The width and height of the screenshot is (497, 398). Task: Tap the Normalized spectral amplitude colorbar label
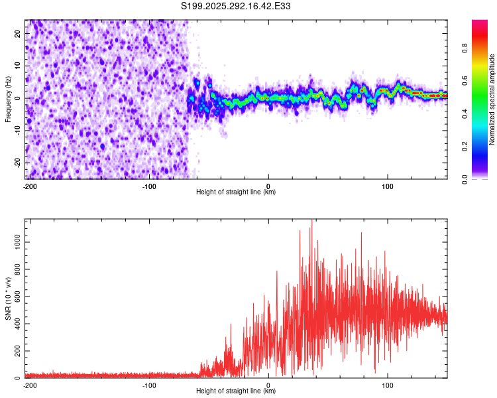pos(492,99)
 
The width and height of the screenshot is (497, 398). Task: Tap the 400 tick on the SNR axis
pos(17,324)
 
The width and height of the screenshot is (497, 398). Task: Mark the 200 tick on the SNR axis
pos(17,351)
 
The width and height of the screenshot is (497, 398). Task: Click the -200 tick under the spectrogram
pos(30,186)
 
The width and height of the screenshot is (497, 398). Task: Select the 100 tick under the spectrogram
pos(387,186)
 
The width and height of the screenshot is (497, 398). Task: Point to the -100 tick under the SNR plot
pos(149,385)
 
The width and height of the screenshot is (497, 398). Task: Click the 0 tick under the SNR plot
pos(268,385)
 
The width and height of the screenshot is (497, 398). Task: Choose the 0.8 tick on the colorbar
pos(465,48)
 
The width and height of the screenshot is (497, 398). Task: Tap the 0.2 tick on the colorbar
pos(465,146)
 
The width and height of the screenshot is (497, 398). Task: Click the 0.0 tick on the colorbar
pos(465,178)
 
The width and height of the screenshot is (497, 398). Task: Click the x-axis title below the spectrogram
pos(237,192)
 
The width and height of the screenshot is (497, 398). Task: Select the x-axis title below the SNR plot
pos(237,391)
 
